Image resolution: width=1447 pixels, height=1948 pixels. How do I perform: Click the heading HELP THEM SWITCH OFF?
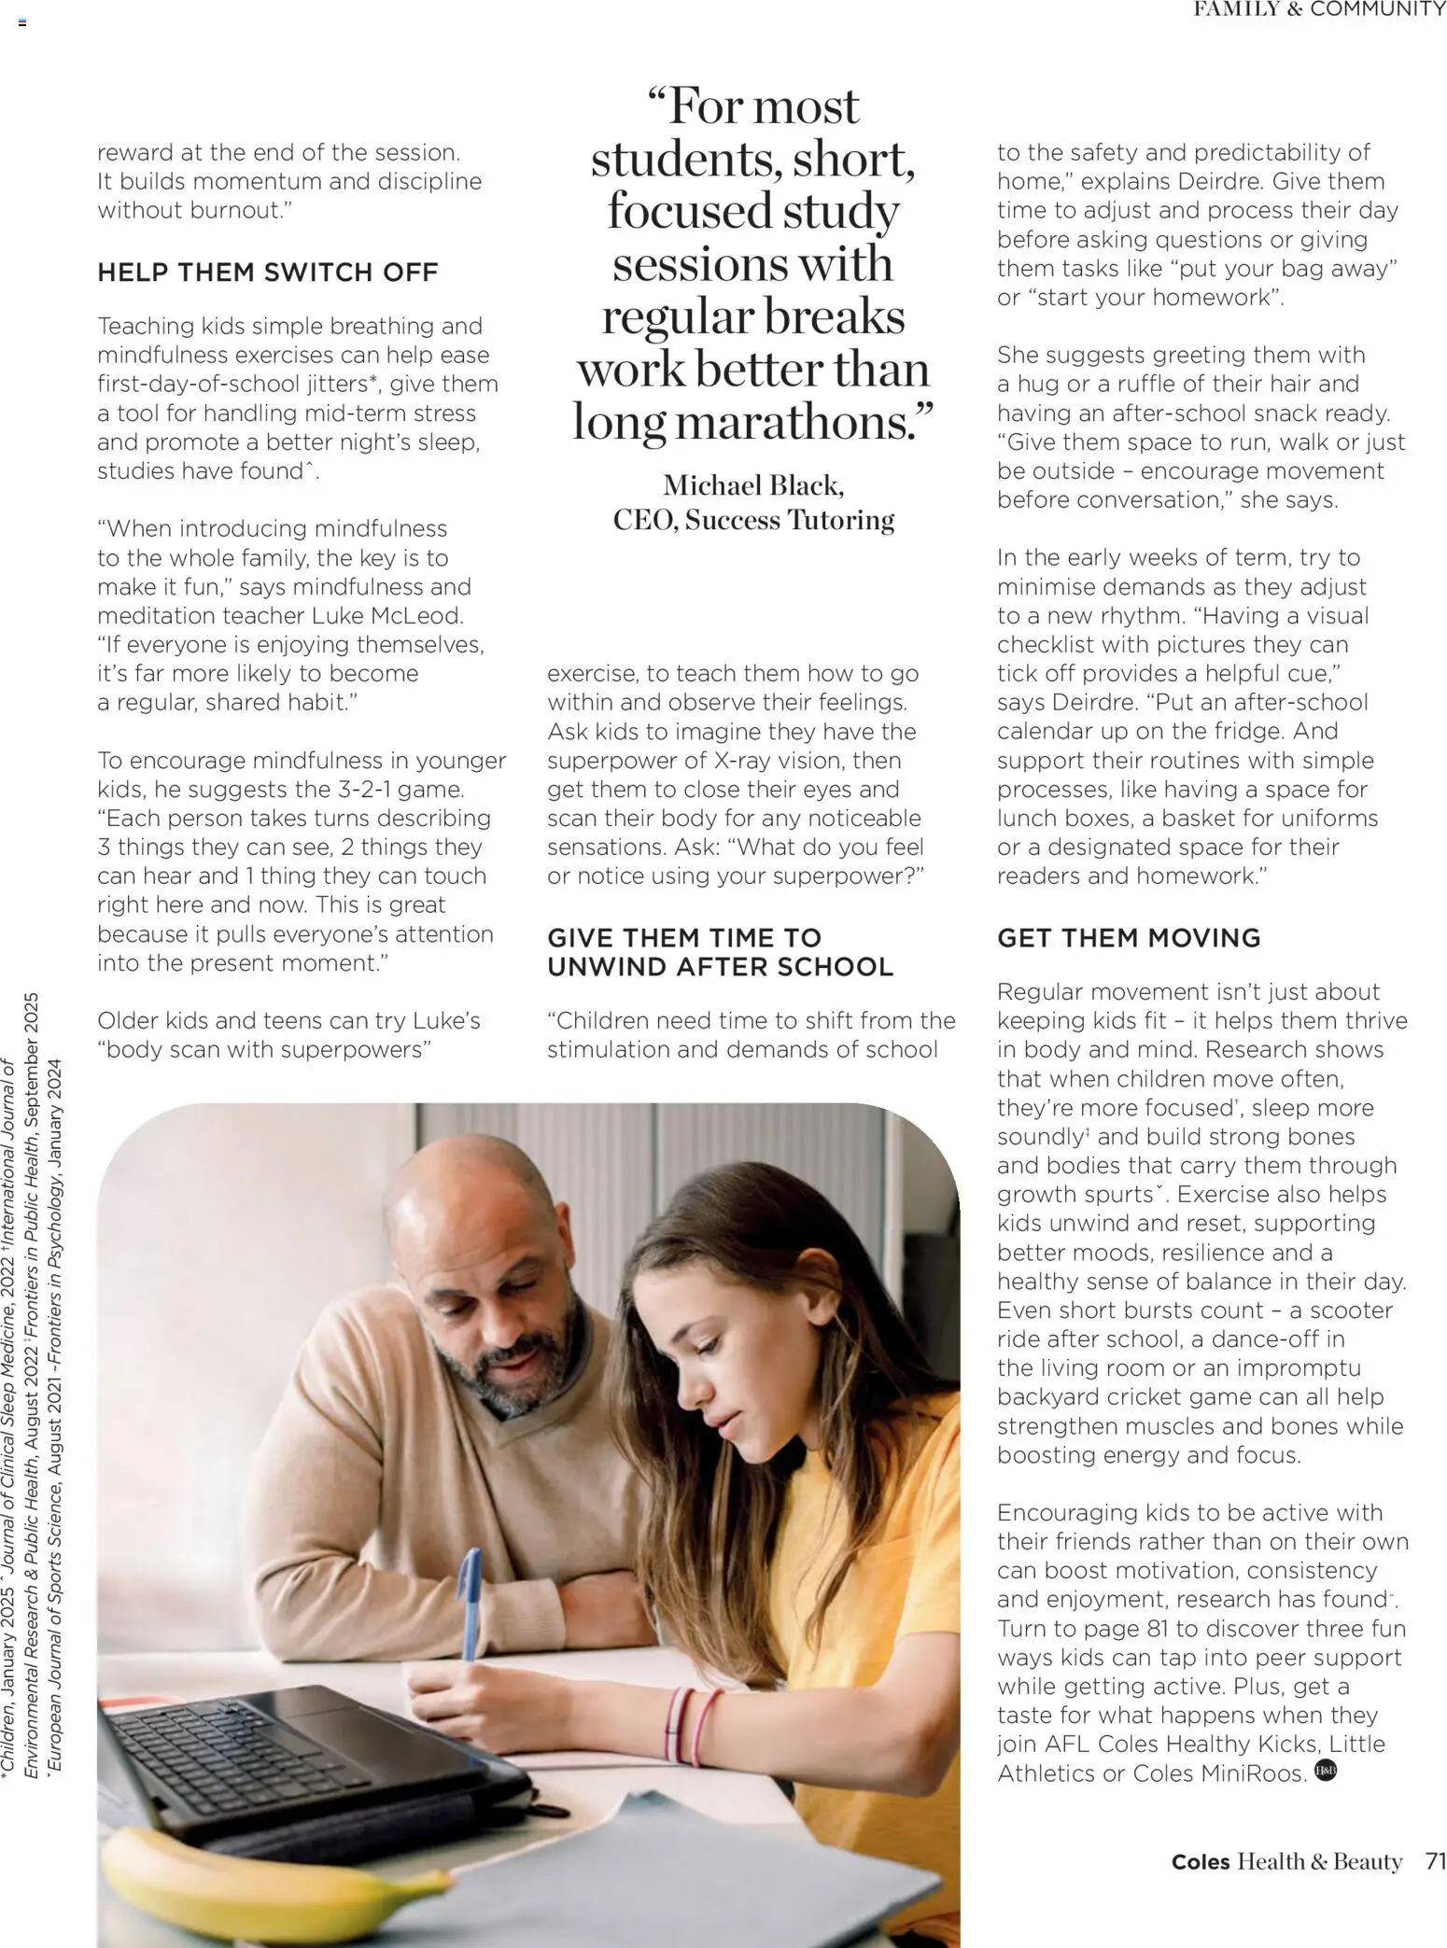pos(267,273)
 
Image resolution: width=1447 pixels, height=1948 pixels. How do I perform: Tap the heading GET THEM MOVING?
pos(1128,938)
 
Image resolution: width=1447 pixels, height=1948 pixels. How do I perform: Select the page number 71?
pos(1435,1861)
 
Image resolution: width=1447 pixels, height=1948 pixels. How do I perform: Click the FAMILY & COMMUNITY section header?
pos(1319,9)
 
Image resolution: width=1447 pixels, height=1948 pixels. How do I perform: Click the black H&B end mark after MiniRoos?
pos(1326,1770)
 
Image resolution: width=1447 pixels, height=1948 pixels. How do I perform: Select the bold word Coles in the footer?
pos(1201,1862)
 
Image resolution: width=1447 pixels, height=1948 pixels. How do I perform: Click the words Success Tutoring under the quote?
pos(790,520)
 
